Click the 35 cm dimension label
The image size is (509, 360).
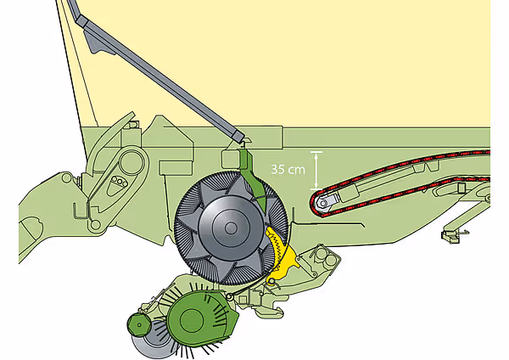[x=288, y=169]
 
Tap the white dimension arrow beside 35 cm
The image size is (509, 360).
[x=316, y=171]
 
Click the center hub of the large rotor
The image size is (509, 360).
[x=231, y=228]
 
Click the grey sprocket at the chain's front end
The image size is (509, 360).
[x=324, y=204]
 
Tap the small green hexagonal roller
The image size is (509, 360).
[x=139, y=325]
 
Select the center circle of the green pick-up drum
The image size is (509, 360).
[x=192, y=321]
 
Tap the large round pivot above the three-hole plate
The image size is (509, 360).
[x=131, y=162]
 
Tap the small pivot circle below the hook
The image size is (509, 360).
[x=95, y=224]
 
